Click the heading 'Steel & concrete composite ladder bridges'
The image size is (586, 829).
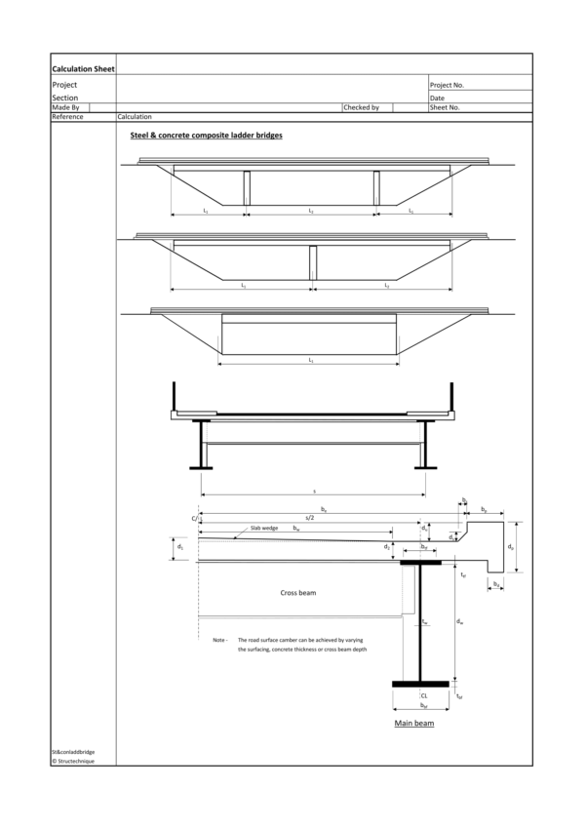[207, 136]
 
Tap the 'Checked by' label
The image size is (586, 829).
[361, 107]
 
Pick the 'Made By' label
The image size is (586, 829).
[65, 107]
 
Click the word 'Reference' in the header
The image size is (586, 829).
[67, 116]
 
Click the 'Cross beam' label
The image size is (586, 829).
[298, 592]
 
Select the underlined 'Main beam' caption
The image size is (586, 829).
[414, 723]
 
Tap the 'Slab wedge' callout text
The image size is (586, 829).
[264, 528]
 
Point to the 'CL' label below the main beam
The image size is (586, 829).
[424, 696]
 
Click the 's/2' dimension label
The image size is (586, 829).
[310, 518]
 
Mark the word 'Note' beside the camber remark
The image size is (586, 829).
[219, 640]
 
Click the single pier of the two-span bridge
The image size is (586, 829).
[314, 263]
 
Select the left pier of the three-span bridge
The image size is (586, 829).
[247, 188]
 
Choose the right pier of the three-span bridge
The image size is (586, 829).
[376, 188]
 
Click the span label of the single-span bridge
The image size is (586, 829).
[310, 361]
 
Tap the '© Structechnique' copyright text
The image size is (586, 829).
[74, 761]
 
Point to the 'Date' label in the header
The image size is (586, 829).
[438, 98]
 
